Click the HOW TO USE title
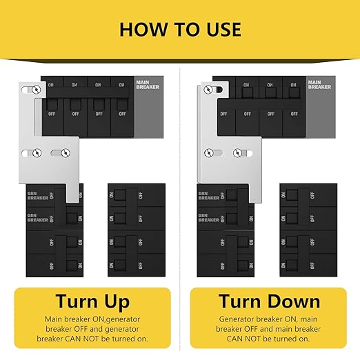coord(180,29)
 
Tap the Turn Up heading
coord(93,301)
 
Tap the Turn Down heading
coord(269,301)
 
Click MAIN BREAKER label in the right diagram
coord(319,83)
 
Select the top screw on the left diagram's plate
coord(36,90)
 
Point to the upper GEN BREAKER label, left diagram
coord(37,195)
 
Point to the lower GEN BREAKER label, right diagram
coord(208,217)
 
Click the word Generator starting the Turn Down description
coord(240,320)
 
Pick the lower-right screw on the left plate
coord(65,152)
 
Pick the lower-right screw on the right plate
coord(237,152)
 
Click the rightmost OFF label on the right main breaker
coord(293,114)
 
